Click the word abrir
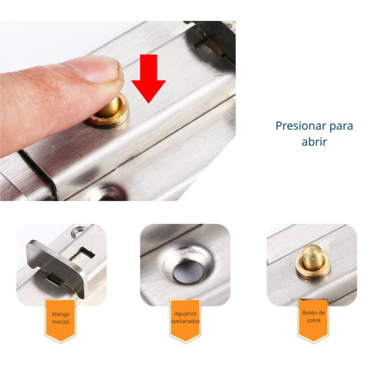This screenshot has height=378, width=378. (314, 142)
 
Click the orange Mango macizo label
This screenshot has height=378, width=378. (60, 318)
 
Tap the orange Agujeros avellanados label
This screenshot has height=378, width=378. (185, 318)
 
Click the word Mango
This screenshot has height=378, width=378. (60, 313)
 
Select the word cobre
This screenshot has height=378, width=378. (313, 320)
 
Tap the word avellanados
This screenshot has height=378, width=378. (185, 321)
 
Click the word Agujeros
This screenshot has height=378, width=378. (185, 313)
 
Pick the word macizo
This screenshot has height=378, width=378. (60, 321)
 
